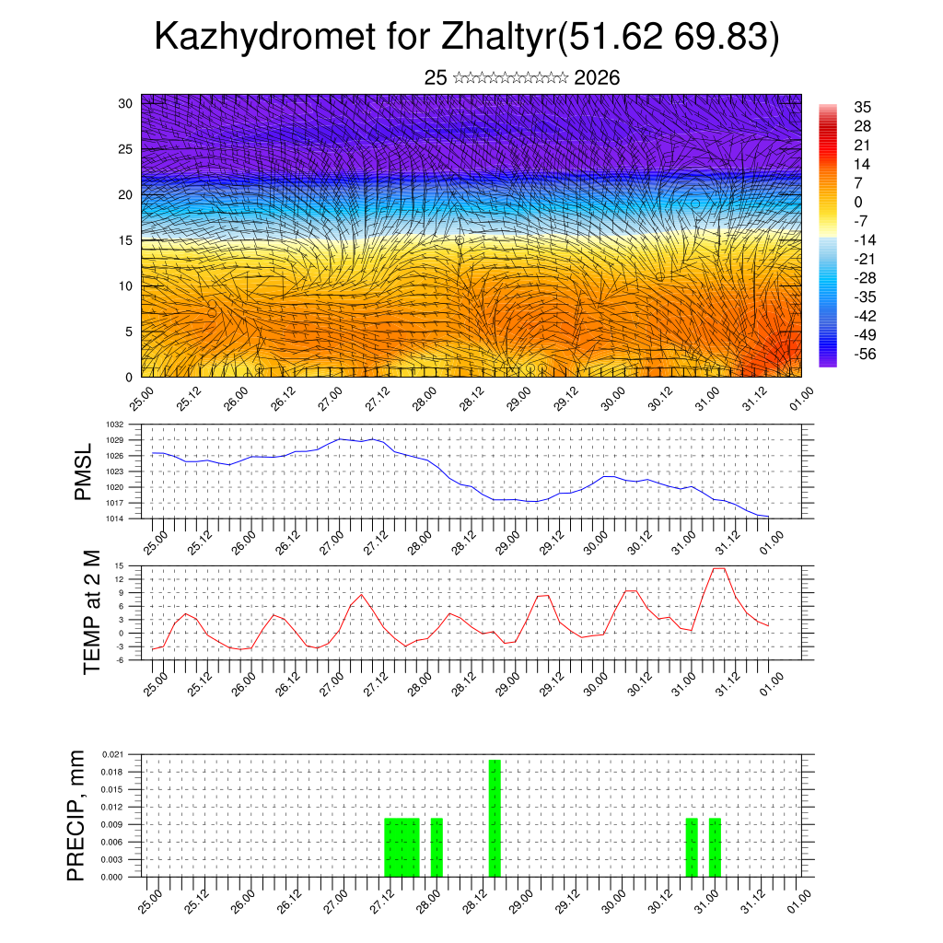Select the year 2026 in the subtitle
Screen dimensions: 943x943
point(597,78)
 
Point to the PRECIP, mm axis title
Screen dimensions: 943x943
point(77,816)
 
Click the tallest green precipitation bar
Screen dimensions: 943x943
point(495,818)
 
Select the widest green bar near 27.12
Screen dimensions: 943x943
point(402,847)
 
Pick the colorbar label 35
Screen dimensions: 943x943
point(863,108)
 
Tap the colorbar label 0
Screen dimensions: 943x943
point(858,202)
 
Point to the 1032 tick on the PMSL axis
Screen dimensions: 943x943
point(114,425)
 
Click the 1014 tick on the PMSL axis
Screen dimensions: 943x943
point(114,518)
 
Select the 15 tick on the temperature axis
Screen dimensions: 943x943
point(119,565)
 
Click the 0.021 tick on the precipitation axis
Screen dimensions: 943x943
point(112,754)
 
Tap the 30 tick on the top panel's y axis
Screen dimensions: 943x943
point(126,103)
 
